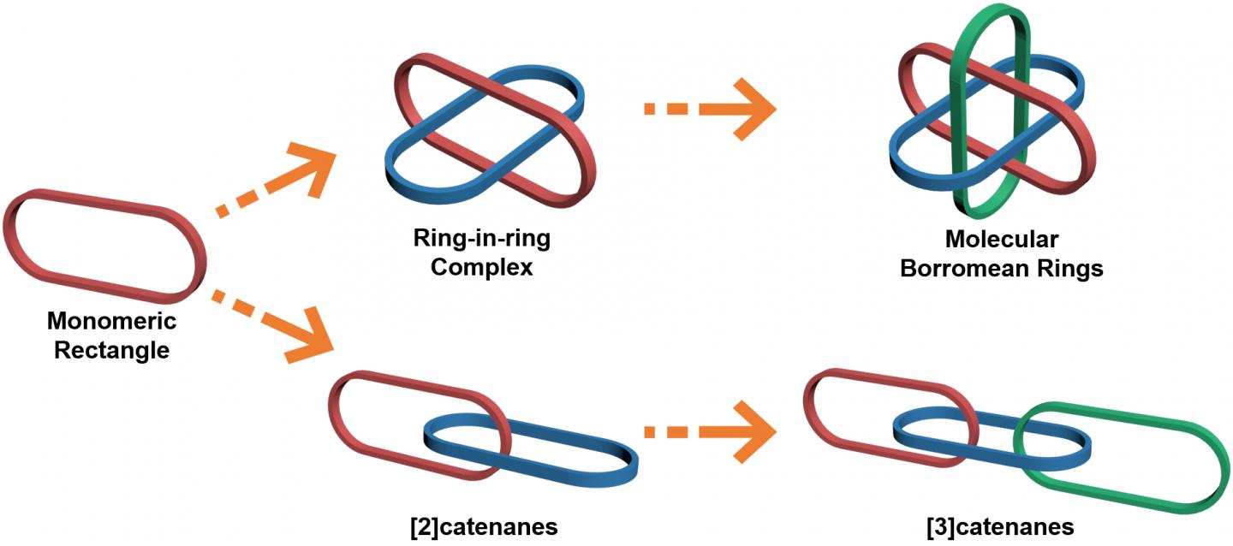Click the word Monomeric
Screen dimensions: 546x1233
click(111, 322)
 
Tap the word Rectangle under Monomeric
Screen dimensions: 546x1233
click(111, 350)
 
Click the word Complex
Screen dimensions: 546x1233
click(482, 267)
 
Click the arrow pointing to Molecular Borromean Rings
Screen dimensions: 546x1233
click(711, 110)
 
